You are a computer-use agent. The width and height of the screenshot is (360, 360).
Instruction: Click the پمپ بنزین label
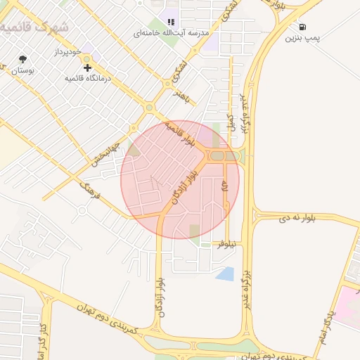click(302, 38)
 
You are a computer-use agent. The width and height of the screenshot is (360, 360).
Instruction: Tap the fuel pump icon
click(302, 26)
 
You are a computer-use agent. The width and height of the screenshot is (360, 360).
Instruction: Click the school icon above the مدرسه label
click(171, 22)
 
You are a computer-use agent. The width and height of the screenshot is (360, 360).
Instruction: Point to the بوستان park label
click(22, 70)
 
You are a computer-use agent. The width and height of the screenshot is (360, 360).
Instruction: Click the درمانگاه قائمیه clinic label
click(89, 78)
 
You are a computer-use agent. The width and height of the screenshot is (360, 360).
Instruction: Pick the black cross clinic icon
click(87, 67)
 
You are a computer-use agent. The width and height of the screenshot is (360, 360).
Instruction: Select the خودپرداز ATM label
click(70, 53)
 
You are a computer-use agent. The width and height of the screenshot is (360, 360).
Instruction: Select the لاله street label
click(225, 186)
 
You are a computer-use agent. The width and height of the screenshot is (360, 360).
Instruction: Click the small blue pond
click(225, 274)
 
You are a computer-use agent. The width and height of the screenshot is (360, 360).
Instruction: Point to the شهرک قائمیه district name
click(35, 27)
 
